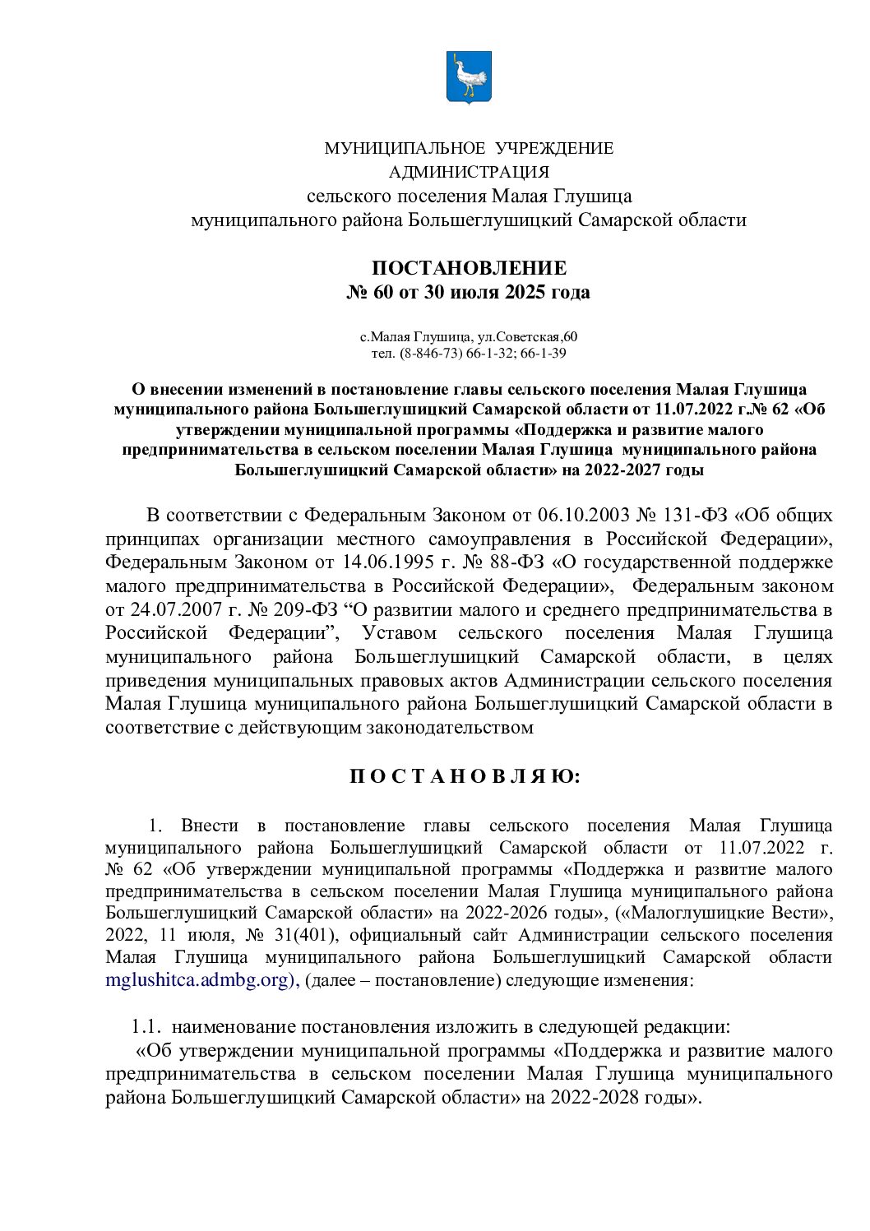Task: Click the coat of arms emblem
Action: pyautogui.click(x=469, y=76)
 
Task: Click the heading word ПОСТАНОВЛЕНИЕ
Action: pyautogui.click(x=469, y=268)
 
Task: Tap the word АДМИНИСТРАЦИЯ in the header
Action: pyautogui.click(x=469, y=172)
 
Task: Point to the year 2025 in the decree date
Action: pyautogui.click(x=524, y=292)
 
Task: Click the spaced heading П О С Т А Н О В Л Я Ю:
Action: pyautogui.click(x=465, y=777)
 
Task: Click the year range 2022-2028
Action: pyautogui.click(x=595, y=1098)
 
